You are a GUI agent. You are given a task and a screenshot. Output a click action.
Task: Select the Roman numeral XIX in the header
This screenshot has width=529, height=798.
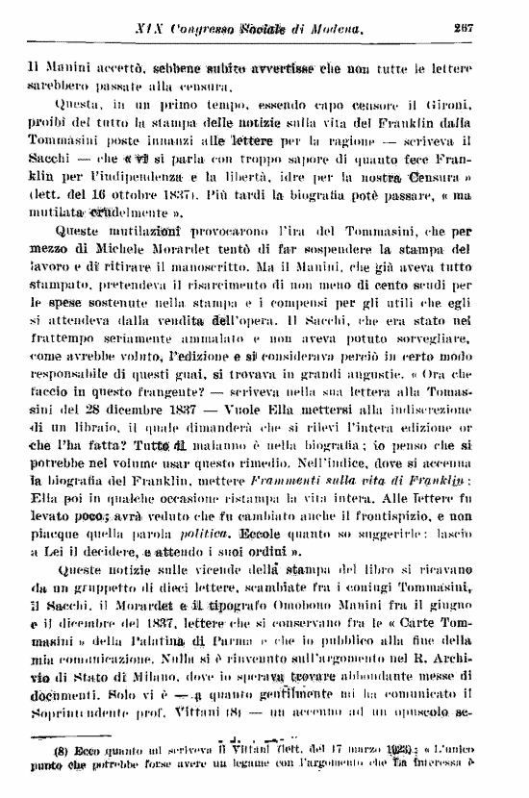tap(150, 30)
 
